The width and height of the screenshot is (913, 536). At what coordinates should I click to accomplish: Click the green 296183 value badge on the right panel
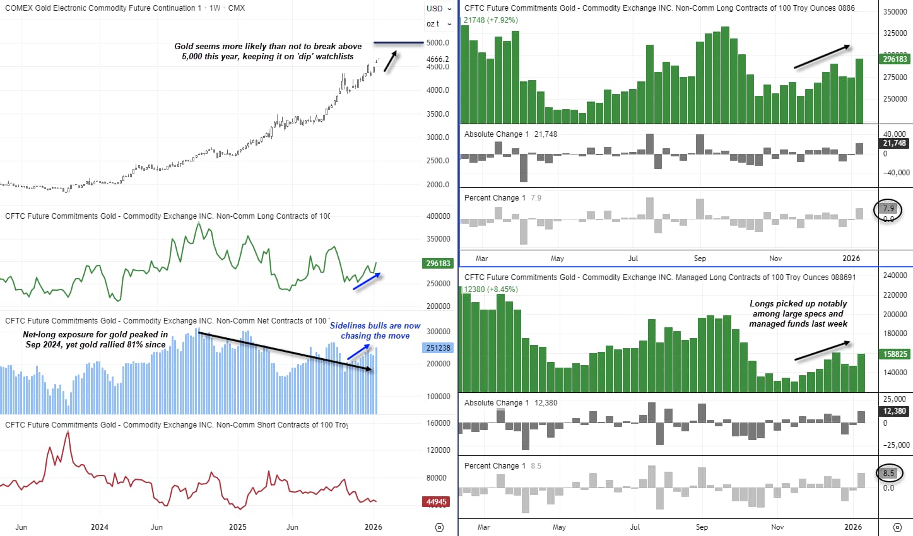(x=895, y=59)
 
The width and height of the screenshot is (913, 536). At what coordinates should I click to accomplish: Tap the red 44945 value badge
(x=437, y=502)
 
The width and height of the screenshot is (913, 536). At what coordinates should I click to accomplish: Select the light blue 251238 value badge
(x=438, y=347)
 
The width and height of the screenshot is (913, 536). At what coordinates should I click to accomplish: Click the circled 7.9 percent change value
(x=888, y=209)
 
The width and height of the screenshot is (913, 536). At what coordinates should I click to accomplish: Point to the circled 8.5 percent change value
(x=888, y=473)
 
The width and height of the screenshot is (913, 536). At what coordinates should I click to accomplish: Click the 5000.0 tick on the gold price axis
(x=438, y=43)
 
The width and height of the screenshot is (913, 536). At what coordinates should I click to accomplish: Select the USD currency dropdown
(x=439, y=9)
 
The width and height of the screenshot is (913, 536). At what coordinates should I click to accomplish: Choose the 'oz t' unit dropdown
(x=439, y=24)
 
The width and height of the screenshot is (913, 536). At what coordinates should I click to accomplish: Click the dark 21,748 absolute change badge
(x=895, y=143)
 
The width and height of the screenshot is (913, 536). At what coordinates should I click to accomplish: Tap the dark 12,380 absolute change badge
(x=895, y=411)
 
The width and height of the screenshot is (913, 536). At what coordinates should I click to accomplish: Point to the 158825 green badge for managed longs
(x=895, y=354)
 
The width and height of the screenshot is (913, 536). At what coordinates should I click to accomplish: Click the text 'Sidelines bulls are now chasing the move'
(x=375, y=331)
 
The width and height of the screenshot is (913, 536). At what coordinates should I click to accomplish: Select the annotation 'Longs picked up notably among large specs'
(x=798, y=313)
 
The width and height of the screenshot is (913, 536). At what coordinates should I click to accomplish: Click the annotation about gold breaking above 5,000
(x=268, y=51)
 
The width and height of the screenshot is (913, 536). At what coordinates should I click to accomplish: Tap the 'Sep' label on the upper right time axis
(x=700, y=259)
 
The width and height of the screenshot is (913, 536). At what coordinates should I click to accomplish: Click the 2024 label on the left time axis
(x=99, y=527)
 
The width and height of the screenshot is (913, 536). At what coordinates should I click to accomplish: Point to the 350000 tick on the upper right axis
(x=895, y=12)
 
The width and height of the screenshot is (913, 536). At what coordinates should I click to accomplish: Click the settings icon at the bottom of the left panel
(x=440, y=527)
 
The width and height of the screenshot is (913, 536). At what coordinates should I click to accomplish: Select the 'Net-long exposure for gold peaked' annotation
(x=95, y=340)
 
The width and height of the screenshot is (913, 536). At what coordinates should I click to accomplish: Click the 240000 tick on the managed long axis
(x=895, y=276)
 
